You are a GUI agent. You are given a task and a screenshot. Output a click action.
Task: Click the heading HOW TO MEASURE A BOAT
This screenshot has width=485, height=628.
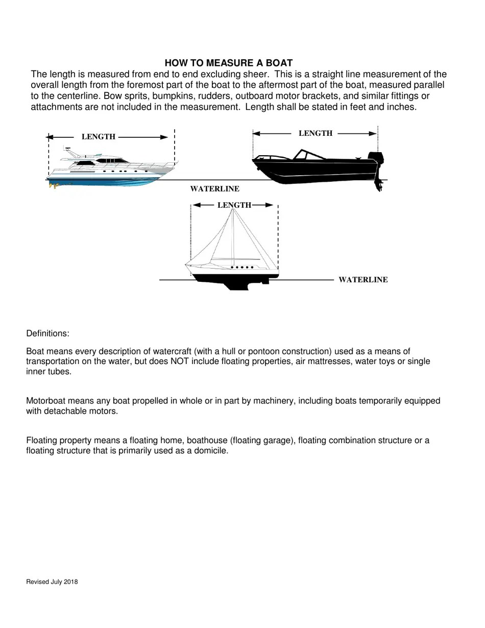(x=228, y=63)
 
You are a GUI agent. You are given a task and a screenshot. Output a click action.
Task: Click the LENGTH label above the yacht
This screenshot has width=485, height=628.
(x=99, y=137)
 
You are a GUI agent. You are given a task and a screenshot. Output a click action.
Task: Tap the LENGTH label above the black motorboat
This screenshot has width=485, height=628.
(x=315, y=133)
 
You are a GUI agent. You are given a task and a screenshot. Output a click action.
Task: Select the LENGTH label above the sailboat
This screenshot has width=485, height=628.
(x=234, y=205)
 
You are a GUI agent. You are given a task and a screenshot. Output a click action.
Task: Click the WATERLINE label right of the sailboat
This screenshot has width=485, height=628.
(x=363, y=280)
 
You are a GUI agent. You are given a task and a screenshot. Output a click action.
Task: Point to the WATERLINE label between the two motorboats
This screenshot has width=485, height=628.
(x=214, y=189)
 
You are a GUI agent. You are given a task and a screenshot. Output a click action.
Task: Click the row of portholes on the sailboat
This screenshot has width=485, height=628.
(x=242, y=267)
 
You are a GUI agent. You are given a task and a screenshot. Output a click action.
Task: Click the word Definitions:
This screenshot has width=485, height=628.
(x=47, y=333)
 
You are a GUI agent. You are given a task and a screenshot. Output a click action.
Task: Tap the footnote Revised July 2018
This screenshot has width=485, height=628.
(x=52, y=582)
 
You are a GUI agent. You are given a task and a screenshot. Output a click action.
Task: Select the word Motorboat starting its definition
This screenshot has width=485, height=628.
(x=45, y=401)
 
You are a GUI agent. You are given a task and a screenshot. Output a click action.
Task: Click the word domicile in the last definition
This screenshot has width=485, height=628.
(x=210, y=451)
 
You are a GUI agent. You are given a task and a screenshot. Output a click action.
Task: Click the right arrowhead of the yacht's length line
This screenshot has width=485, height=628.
(x=164, y=137)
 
